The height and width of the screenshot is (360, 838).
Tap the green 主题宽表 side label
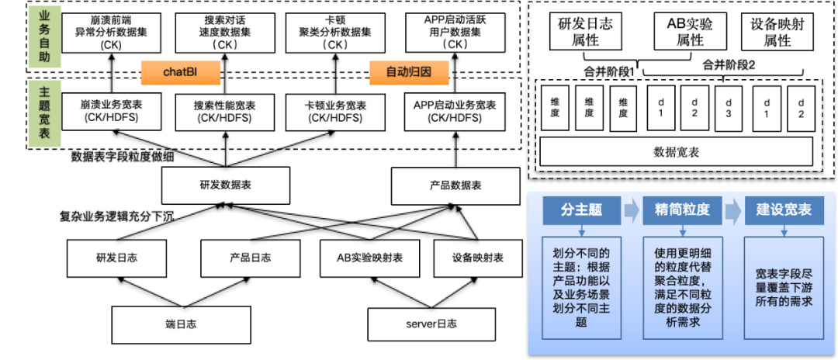pos(44,113)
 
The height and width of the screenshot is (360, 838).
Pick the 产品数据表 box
pos(455,185)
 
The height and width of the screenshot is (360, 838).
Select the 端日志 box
pos(181,324)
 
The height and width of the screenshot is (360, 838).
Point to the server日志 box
pos(431,324)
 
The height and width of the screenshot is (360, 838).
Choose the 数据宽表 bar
pos(677,152)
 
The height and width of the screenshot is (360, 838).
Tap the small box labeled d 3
pos(728,109)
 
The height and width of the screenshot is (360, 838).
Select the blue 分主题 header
pos(582,209)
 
